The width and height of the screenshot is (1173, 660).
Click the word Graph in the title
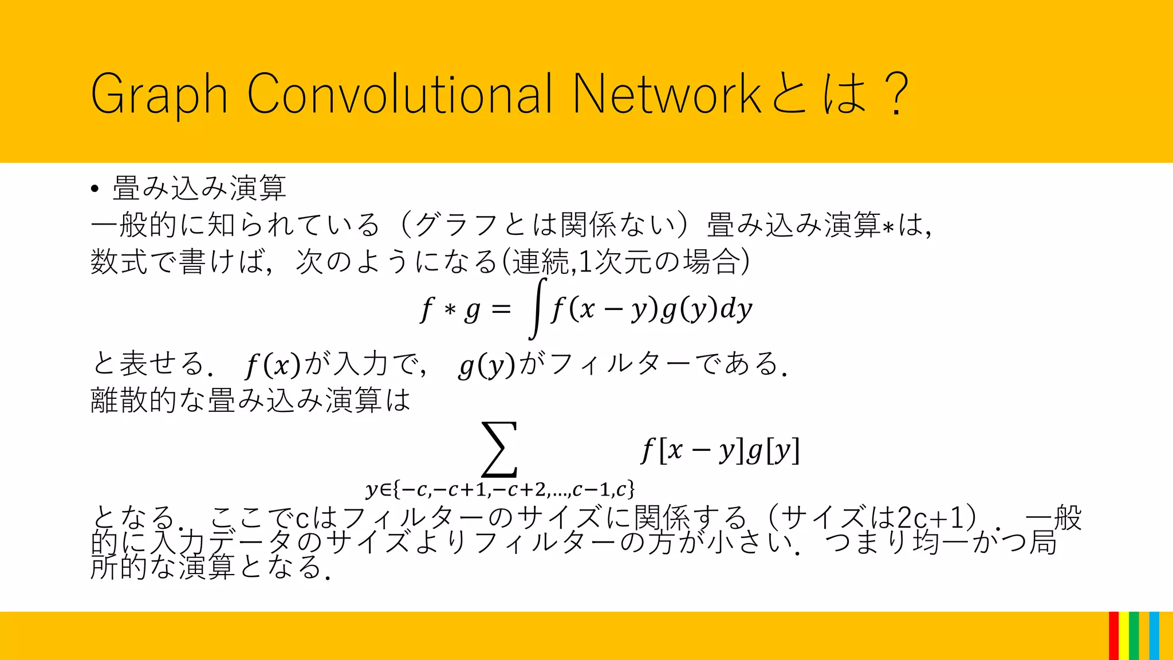pos(159,95)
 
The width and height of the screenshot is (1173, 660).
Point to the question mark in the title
pos(895,95)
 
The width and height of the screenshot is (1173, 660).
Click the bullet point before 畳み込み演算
pos(95,189)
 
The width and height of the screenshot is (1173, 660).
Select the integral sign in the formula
pos(537,309)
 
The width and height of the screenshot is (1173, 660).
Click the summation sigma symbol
pos(499,450)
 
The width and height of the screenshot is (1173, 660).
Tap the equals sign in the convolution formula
pos(501,310)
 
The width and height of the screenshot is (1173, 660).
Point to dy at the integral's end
pos(736,310)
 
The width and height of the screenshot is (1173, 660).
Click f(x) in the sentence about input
pos(273,365)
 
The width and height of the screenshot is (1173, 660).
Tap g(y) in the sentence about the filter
pos(487,365)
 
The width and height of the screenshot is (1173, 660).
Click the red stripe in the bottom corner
pos(1113,636)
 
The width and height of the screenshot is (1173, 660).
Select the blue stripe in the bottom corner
pos(1154,636)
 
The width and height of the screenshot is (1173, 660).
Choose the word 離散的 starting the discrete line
pos(133,400)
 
